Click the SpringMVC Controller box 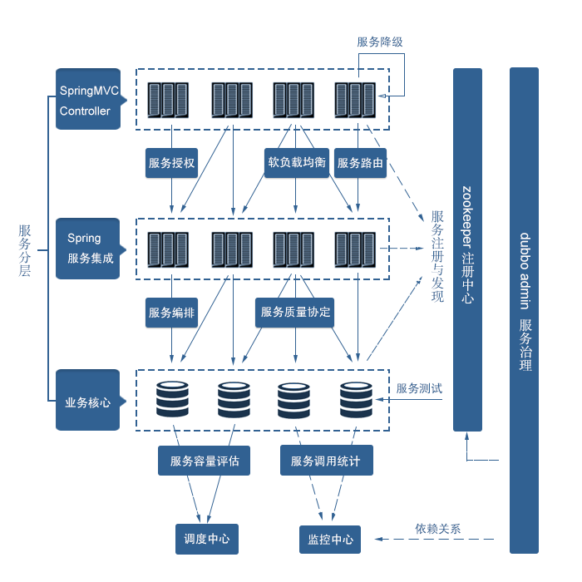87,99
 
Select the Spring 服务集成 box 87,249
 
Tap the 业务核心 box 87,401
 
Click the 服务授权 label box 171,163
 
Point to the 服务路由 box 360,163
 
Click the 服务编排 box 171,313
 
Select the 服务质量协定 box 295,313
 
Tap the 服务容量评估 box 204,461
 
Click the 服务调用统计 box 326,461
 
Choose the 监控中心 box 330,539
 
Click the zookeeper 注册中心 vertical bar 467,249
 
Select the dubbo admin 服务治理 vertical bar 524,310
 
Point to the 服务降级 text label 380,42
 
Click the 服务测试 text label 419,388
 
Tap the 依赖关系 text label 438,528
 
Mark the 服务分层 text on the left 25,250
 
